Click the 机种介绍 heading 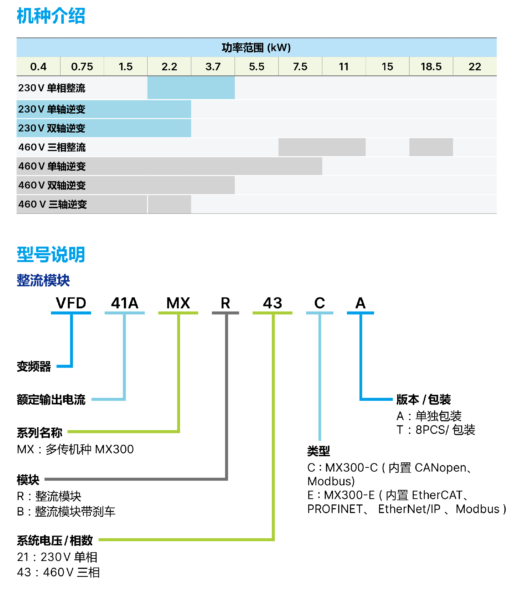pyautogui.click(x=51, y=16)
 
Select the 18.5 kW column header pyautogui.click(x=431, y=67)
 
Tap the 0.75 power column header pyautogui.click(x=82, y=67)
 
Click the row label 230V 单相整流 pyautogui.click(x=52, y=88)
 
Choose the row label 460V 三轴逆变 pyautogui.click(x=53, y=204)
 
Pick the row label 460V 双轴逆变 pyautogui.click(x=52, y=185)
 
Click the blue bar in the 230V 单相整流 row pyautogui.click(x=191, y=88)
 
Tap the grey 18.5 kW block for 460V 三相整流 pyautogui.click(x=431, y=147)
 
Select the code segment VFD pyautogui.click(x=71, y=303)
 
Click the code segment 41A pyautogui.click(x=124, y=303)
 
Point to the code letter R pyautogui.click(x=225, y=303)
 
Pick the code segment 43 pyautogui.click(x=272, y=303)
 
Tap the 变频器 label pyautogui.click(x=34, y=367)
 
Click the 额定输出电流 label pyautogui.click(x=51, y=400)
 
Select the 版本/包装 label pyautogui.click(x=423, y=400)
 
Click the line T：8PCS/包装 pyautogui.click(x=435, y=430)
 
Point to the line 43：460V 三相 pyautogui.click(x=58, y=572)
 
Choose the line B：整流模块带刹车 pyautogui.click(x=66, y=511)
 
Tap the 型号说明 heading pyautogui.click(x=51, y=255)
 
